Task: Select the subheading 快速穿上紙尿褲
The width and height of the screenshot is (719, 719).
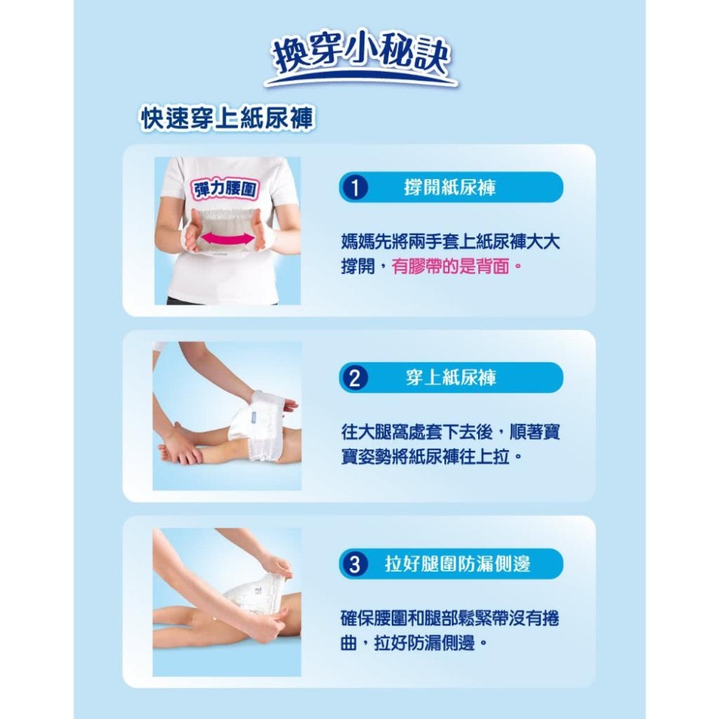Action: (227, 119)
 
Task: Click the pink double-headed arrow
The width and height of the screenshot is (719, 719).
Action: (227, 237)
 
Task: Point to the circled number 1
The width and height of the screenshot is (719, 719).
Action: (352, 188)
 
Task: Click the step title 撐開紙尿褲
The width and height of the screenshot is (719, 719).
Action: (450, 188)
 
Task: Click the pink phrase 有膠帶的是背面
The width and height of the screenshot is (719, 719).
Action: (454, 267)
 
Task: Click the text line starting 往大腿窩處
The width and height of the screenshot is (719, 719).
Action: (451, 432)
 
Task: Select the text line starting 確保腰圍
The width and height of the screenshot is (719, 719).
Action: (450, 618)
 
